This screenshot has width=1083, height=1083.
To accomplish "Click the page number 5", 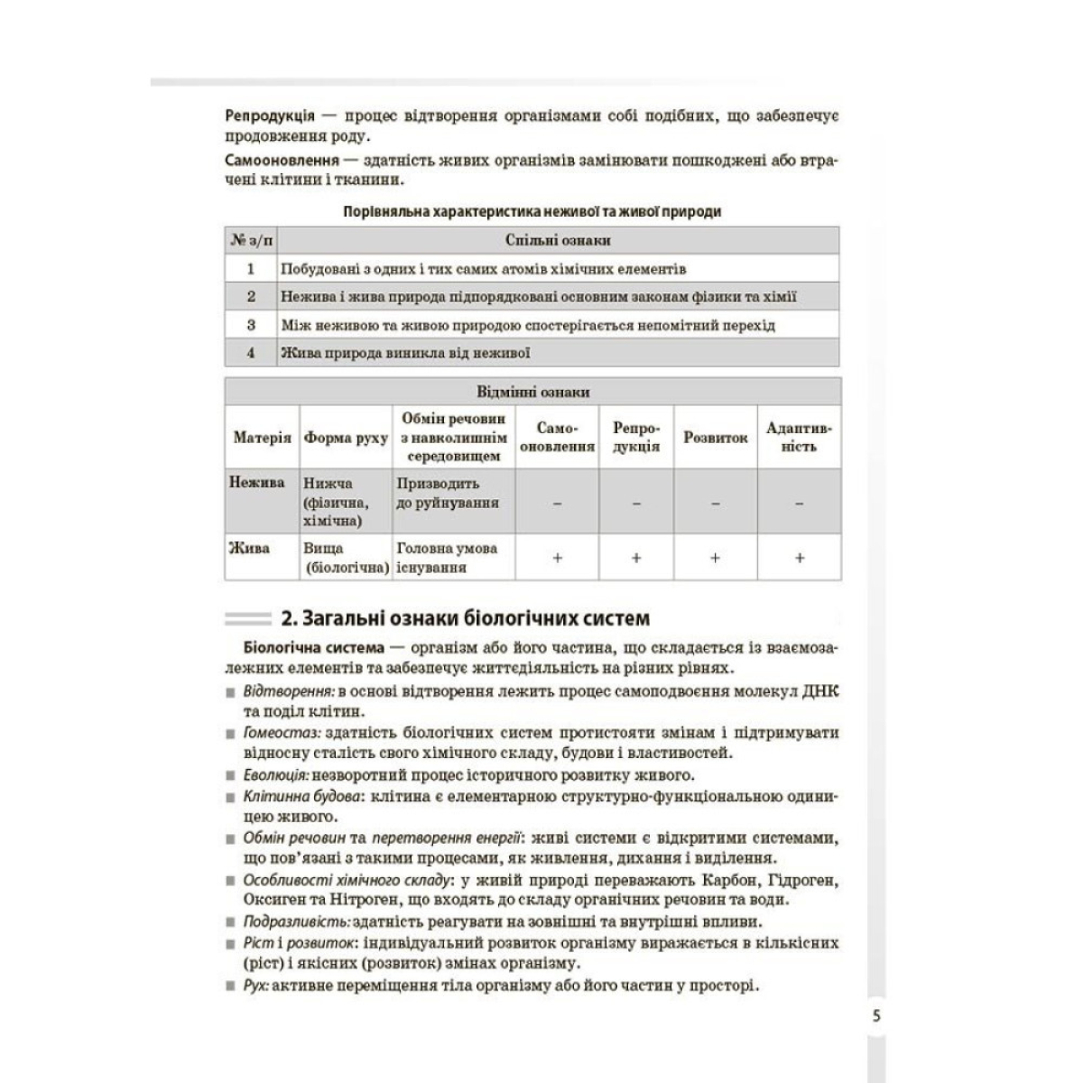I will pos(876,1014).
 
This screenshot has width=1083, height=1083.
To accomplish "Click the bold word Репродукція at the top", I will pos(270,116).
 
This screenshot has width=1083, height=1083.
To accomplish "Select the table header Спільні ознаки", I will pos(558,240).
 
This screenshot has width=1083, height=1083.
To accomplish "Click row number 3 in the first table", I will pos(251,324).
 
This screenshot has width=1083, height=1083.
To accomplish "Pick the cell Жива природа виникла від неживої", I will pos(405,353).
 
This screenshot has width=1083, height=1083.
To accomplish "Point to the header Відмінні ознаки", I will pos(532,392).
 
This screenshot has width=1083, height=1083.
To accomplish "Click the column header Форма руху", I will pos(346,437).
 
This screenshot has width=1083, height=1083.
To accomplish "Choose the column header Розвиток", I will pos(715,437).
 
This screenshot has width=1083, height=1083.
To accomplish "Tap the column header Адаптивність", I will pos(799,437).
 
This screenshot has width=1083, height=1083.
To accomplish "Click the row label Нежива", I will pos(257,483).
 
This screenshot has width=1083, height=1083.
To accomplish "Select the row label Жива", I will pos(250,548).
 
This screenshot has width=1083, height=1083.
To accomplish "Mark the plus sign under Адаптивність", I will pos(799,558).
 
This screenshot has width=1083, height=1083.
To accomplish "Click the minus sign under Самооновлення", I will pos(557,503).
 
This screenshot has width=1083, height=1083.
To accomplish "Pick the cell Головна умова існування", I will pos(447,558).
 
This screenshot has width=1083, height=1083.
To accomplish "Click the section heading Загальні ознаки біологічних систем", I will pos(465,619).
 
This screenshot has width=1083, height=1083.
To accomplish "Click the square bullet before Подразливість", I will pos(231,923).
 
